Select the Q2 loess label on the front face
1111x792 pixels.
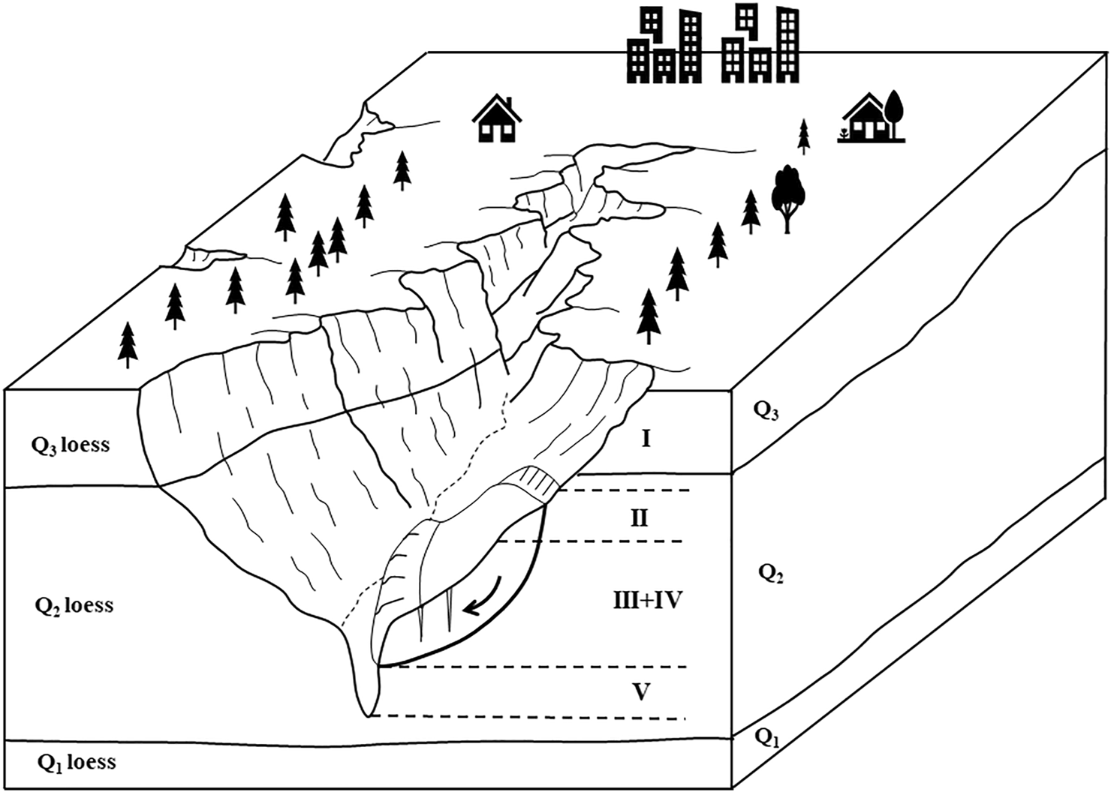tap(74, 606)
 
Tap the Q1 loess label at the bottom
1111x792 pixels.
tap(76, 763)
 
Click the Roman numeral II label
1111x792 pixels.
tap(639, 518)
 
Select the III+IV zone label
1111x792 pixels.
tap(647, 601)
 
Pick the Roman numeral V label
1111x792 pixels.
tap(640, 691)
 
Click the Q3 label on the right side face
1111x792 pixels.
tap(766, 410)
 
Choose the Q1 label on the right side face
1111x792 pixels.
tap(766, 739)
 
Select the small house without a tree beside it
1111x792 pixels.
tap(496, 119)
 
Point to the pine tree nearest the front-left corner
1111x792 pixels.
tap(128, 345)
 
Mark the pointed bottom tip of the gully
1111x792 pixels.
tap(368, 713)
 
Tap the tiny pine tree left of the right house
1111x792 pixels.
tap(804, 136)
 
